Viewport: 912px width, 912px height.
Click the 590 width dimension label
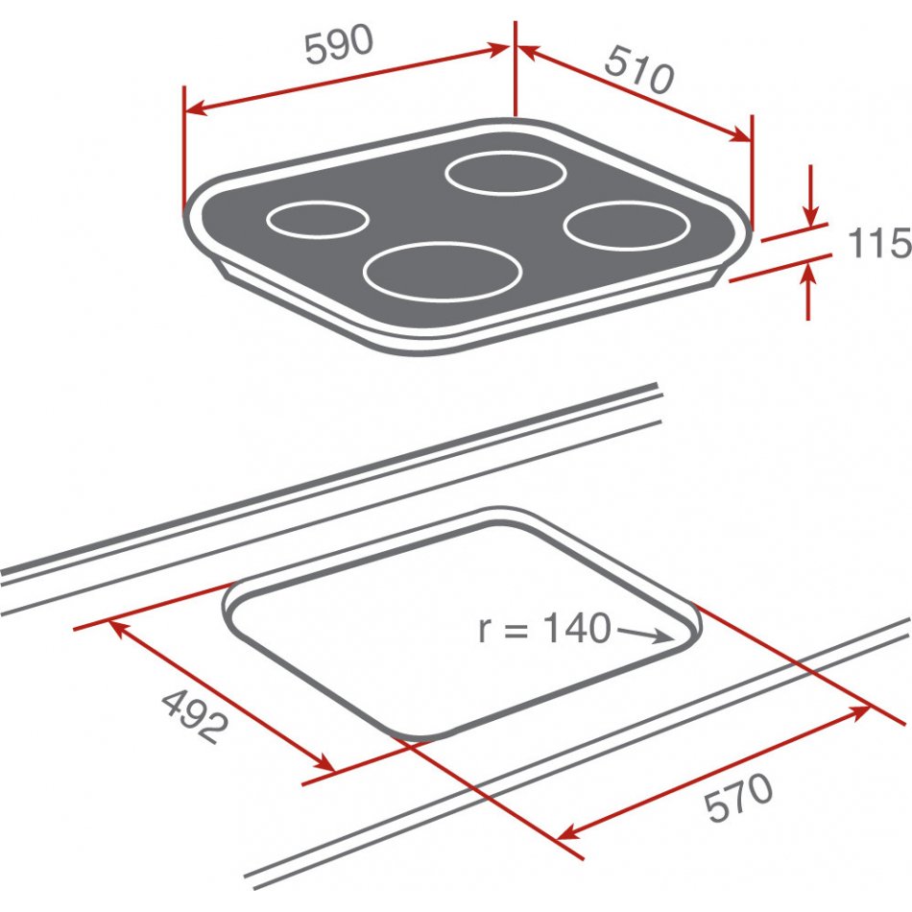[339, 44]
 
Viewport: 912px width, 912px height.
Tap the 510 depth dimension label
[639, 70]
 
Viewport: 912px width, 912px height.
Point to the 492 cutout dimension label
[195, 716]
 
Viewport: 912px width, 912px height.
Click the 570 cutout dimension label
[738, 796]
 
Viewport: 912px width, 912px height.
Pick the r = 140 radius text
[544, 628]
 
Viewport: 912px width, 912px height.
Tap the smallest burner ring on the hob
[318, 220]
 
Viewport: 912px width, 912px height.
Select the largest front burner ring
[442, 272]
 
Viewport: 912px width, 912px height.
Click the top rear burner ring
[505, 173]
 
